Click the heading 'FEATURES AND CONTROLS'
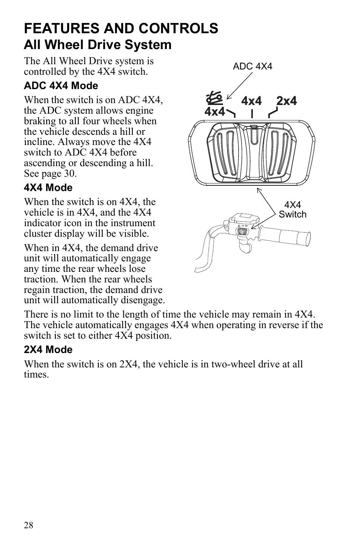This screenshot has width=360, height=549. click(121, 28)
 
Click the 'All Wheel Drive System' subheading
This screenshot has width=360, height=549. click(97, 45)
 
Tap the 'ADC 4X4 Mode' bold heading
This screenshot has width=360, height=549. click(61, 86)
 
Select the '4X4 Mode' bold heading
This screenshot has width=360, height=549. click(48, 188)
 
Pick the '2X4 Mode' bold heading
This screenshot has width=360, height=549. click(48, 350)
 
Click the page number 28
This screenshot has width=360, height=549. click(29, 525)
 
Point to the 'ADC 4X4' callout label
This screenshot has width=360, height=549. click(252, 66)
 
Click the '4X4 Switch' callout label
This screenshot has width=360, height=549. click(292, 210)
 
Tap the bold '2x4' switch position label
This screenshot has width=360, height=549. click(286, 101)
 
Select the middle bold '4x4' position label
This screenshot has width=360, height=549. click(251, 101)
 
